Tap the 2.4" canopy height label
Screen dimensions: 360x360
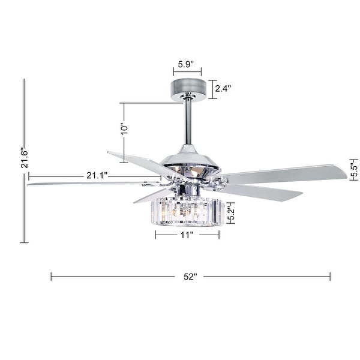coord(223,88)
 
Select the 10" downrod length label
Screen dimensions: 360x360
coord(124,129)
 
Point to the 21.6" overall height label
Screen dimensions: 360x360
coord(25,160)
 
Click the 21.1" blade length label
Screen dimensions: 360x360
coord(96,175)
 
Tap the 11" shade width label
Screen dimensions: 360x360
coord(187,235)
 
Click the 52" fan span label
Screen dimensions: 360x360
coord(190,277)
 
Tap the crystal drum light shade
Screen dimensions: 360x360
coord(188,212)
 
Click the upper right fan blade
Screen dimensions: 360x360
coord(282,173)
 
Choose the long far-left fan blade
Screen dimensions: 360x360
coord(84,182)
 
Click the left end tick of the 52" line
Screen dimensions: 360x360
coord(52,277)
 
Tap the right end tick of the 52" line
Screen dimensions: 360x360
coord(330,277)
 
